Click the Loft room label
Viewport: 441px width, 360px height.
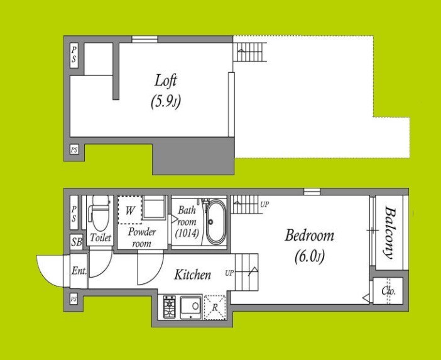click(x=166, y=80)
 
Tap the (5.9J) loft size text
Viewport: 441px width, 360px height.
click(x=166, y=102)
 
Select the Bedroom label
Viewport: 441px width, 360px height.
click(x=309, y=236)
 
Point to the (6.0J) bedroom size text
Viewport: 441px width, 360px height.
click(x=310, y=257)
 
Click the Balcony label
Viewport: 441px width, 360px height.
click(x=389, y=233)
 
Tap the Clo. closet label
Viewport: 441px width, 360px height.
click(x=389, y=291)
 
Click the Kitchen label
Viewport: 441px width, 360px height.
click(x=193, y=275)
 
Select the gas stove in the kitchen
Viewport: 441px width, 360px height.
click(x=170, y=307)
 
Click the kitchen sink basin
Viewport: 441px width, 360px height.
click(x=191, y=306)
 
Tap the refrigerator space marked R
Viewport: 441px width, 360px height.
click(x=215, y=307)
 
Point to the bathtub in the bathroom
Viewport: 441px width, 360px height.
click(x=215, y=222)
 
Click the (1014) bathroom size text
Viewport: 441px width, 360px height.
click(x=187, y=233)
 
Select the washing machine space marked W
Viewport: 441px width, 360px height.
click(x=129, y=210)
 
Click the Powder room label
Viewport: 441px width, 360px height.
click(x=142, y=237)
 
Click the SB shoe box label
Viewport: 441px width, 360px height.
click(x=77, y=242)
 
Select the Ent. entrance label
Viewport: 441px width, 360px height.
click(x=79, y=271)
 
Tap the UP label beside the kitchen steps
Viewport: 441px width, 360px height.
click(x=229, y=273)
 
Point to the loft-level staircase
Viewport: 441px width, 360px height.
click(x=250, y=52)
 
